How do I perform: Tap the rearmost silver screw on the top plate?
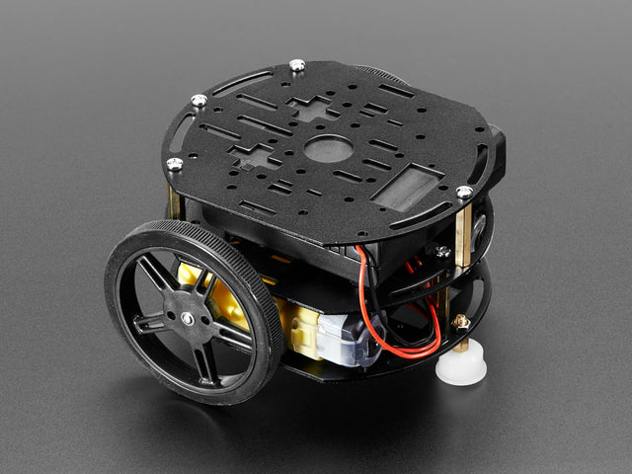coord(296,66)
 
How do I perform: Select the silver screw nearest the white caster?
coord(463,192)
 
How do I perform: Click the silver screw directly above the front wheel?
coord(175,165)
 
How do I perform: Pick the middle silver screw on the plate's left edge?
coord(198,101)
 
